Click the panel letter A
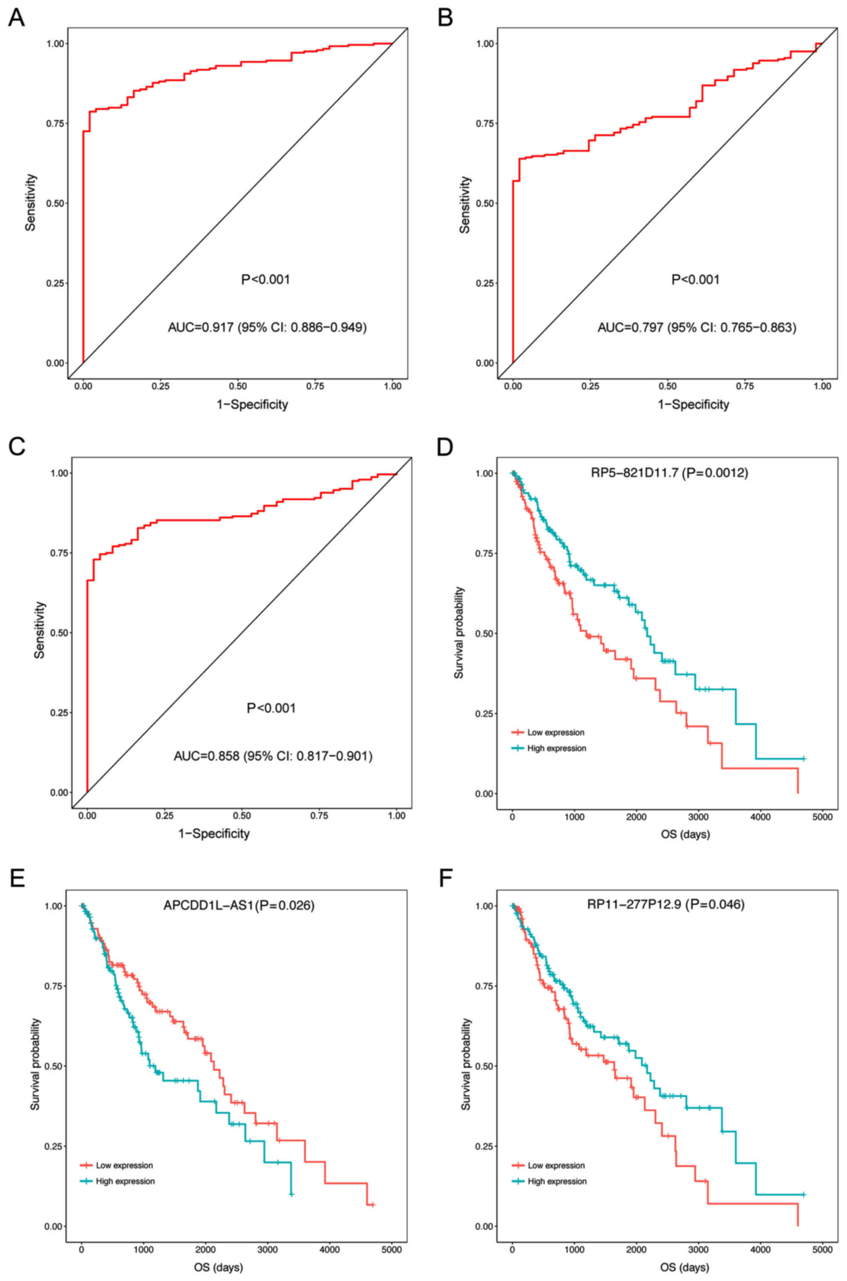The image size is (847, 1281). click(x=16, y=18)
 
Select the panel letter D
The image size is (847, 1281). click(x=446, y=448)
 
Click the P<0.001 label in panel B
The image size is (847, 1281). click(x=695, y=280)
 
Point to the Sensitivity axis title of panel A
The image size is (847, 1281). click(x=30, y=202)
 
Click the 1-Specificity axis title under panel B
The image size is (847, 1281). click(x=693, y=405)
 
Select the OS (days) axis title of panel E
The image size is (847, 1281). click(x=218, y=1267)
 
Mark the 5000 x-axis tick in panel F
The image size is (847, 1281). click(x=822, y=1249)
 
